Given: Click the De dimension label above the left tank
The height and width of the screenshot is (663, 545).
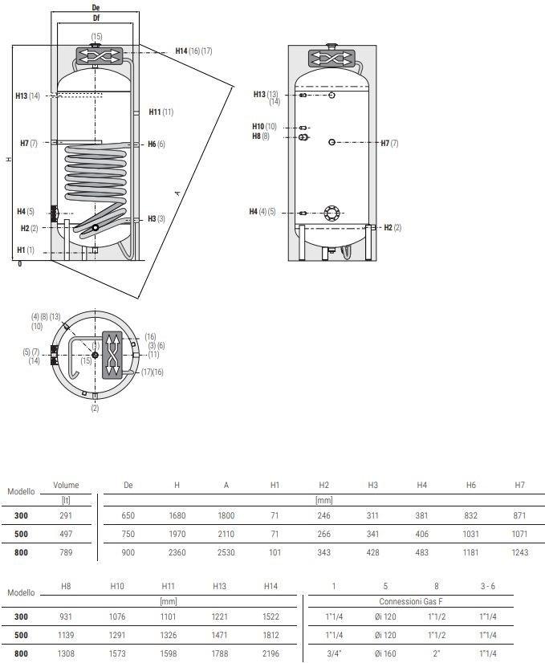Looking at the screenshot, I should [96, 7].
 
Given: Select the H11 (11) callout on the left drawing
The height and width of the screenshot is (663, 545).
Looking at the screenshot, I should [161, 112].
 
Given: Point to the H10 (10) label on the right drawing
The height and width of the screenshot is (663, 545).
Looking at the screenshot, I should [263, 127].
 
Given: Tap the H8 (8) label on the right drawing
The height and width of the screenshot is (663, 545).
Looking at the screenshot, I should [260, 136].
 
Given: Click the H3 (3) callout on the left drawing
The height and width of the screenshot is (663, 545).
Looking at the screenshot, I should [156, 219].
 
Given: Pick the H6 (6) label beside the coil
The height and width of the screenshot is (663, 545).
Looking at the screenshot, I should [156, 144].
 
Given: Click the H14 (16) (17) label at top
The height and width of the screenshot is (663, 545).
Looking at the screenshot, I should [193, 51].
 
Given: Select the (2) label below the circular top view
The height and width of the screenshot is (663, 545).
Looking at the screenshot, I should [95, 409].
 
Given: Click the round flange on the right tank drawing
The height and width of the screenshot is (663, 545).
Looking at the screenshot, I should [331, 214].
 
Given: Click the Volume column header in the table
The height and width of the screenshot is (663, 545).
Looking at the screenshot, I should [66, 485].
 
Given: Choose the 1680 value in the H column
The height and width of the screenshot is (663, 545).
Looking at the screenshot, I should [177, 515].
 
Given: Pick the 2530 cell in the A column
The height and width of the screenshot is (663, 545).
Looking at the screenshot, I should [226, 552].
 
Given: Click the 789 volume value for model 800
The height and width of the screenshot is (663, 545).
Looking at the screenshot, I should [66, 552].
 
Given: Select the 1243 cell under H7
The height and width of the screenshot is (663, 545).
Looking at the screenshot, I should [519, 552].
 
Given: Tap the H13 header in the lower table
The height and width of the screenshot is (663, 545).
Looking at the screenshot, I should [219, 586].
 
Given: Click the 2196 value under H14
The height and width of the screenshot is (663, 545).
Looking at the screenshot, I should [270, 653].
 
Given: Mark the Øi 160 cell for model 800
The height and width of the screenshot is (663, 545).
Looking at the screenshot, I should [385, 653].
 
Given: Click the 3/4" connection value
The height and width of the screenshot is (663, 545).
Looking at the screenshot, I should [334, 653].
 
